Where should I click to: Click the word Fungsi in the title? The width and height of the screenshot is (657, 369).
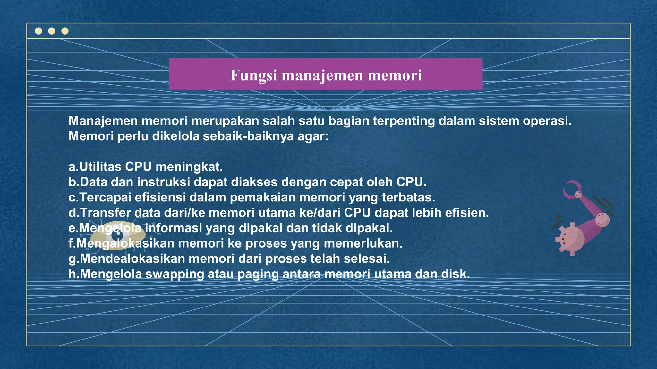click(x=253, y=76)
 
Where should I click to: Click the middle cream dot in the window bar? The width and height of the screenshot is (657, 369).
click(x=52, y=31)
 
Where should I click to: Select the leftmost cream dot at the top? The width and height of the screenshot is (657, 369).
click(x=38, y=31)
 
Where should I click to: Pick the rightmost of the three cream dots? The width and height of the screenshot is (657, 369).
click(x=65, y=31)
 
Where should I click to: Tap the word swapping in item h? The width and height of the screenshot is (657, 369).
click(x=175, y=274)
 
